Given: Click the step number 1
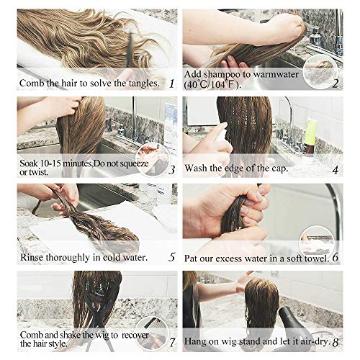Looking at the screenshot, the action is [x=171, y=84].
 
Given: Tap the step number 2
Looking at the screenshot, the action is [x=336, y=84].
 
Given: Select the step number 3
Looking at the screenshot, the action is [x=171, y=170].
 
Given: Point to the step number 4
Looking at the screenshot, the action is [x=336, y=170].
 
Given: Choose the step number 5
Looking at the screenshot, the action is [x=171, y=257].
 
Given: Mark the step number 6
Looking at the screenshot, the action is [x=336, y=257].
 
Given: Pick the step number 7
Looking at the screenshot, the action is [x=172, y=343].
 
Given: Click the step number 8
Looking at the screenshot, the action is [x=336, y=343].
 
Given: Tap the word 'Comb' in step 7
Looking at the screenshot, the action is [x=28, y=335].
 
